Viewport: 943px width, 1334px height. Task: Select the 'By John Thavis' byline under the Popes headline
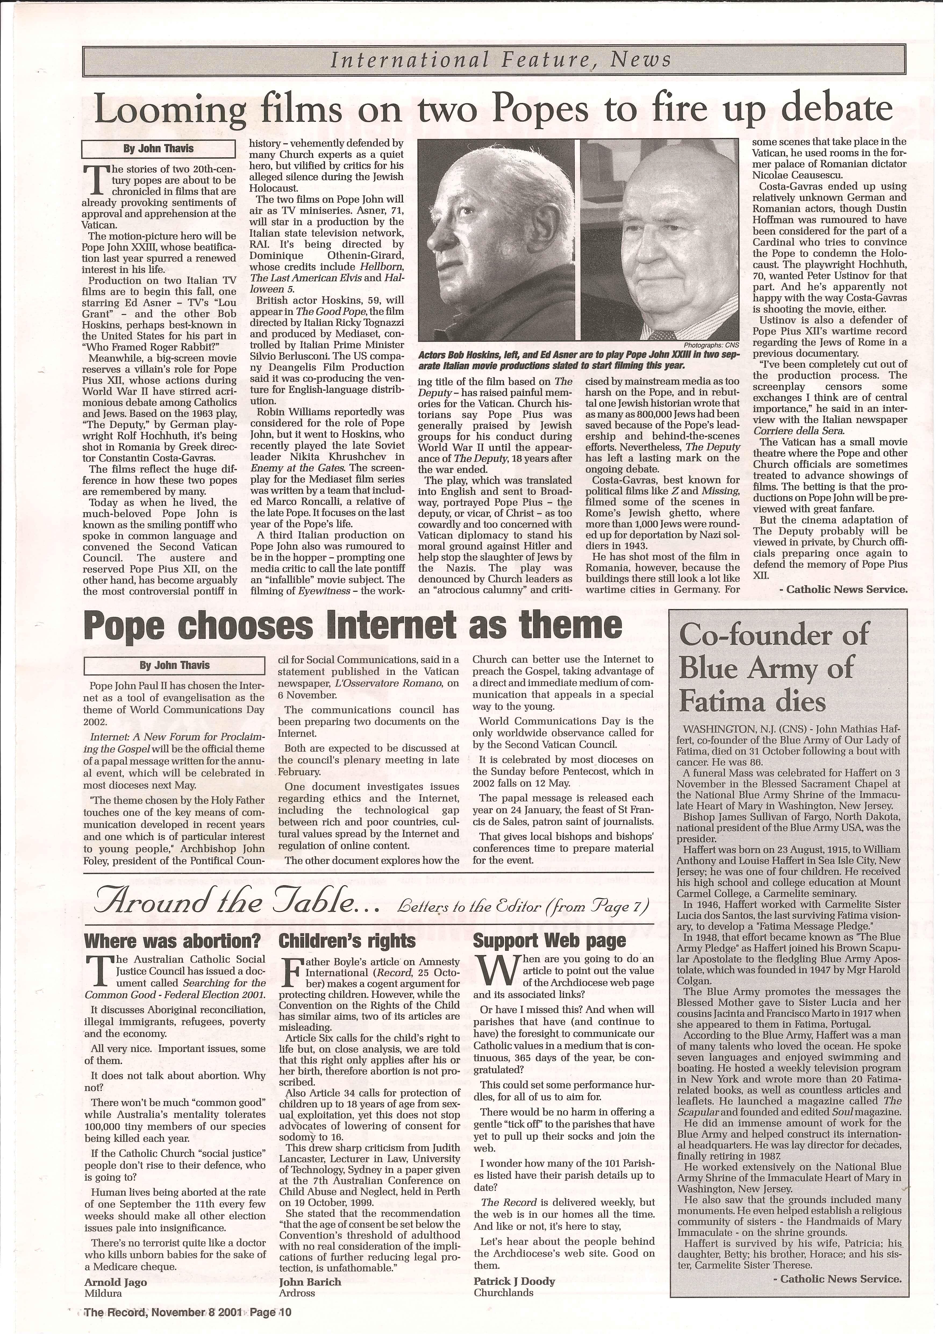pos(158,149)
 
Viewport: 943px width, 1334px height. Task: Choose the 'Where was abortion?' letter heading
pos(173,941)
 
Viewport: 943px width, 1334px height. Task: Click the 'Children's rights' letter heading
pos(347,941)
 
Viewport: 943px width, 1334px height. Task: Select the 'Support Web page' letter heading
pos(549,941)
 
